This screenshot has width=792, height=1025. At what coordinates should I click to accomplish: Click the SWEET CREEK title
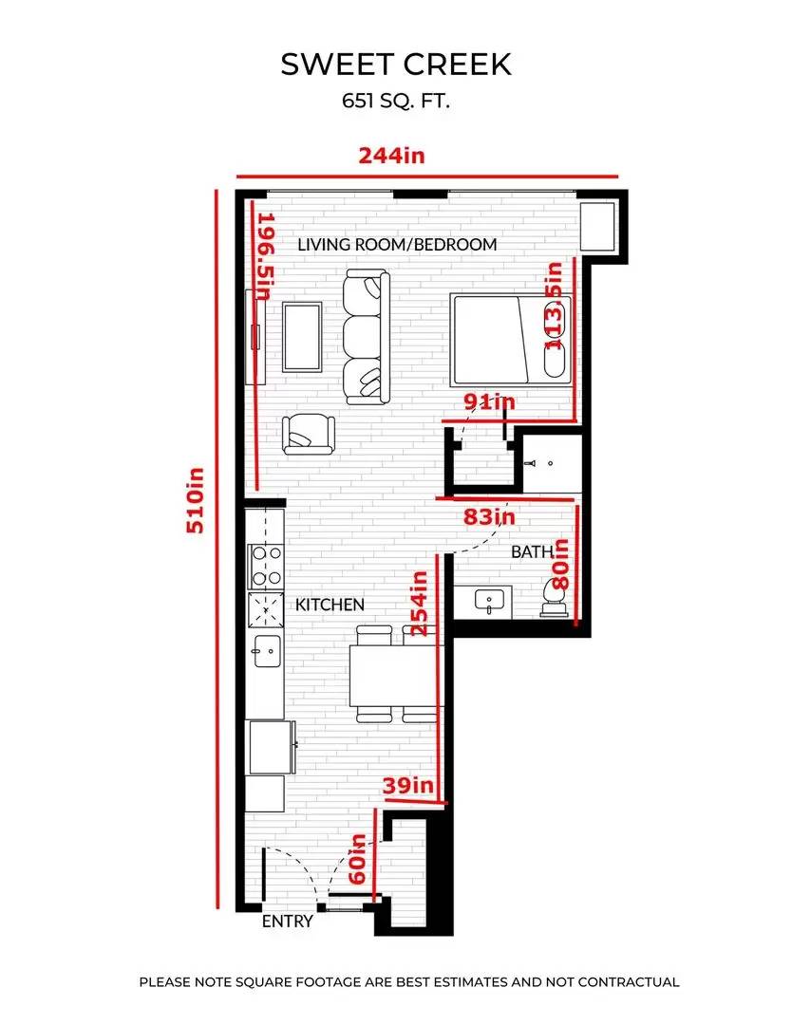tap(396, 65)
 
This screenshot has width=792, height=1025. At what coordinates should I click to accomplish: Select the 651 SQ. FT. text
tap(396, 101)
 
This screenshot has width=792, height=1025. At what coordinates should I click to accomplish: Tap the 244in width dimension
tap(392, 156)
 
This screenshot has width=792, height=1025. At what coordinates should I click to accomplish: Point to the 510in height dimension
tap(196, 500)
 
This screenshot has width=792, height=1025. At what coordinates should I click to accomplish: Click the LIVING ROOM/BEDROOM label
tap(397, 245)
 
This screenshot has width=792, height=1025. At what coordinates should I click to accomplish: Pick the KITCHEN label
tap(330, 605)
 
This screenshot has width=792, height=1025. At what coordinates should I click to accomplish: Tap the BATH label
tap(532, 551)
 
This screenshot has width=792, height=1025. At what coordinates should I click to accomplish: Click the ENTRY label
tap(287, 921)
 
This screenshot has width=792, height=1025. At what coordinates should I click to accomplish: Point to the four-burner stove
tap(266, 566)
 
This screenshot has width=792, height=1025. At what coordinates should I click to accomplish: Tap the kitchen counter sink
tap(268, 651)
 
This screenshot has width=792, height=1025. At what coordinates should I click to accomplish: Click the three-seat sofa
tap(367, 337)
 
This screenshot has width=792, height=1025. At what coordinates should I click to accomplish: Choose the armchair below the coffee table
tap(309, 434)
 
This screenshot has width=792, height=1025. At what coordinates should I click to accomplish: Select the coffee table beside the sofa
tap(302, 337)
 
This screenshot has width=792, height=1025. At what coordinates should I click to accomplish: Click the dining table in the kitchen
tap(392, 676)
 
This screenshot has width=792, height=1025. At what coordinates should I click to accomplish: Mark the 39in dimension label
tap(408, 785)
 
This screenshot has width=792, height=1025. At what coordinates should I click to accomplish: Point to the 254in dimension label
tap(419, 603)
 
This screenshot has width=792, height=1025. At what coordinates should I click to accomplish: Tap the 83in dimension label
tap(489, 516)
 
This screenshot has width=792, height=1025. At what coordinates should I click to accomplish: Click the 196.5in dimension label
tap(265, 256)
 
